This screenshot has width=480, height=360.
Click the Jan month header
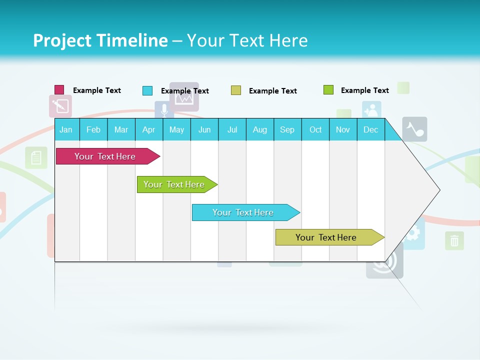click(66, 129)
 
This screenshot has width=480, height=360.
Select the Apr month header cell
click(148, 129)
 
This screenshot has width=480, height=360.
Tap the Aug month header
click(259, 129)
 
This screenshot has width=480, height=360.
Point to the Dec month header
click(370, 129)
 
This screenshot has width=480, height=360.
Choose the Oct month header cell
click(315, 129)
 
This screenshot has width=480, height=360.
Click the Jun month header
click(204, 129)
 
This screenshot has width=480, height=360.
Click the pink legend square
click(59, 90)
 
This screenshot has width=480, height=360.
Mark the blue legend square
click(147, 90)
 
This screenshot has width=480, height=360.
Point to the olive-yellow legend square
click(236, 90)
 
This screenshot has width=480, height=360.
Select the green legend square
click(328, 90)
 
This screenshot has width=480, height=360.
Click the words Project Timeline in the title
click(100, 40)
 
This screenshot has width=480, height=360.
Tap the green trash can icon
click(454, 241)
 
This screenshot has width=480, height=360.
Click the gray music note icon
click(414, 129)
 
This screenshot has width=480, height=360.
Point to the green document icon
click(36, 158)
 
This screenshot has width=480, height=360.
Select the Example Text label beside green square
click(364, 90)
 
